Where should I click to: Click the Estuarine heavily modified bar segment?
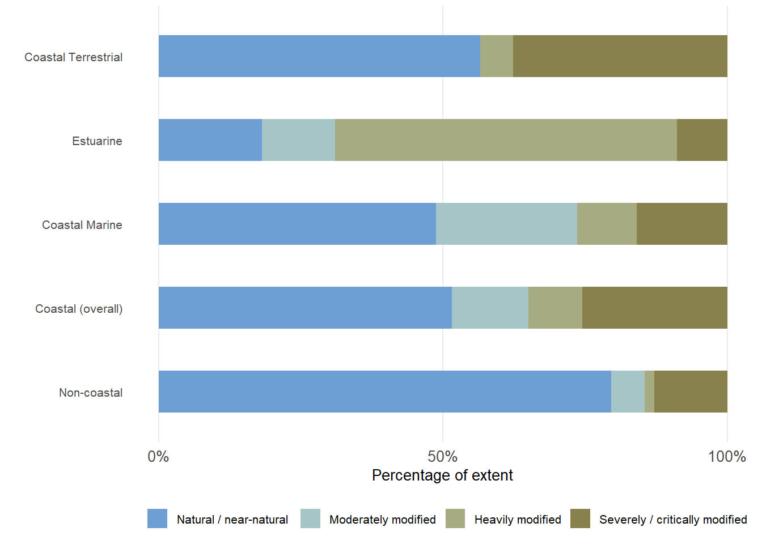[x=506, y=140]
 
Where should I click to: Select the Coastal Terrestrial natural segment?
[x=319, y=56]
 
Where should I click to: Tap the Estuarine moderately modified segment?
[x=298, y=140]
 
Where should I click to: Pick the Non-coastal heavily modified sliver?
[x=649, y=392]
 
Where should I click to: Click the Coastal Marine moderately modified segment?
[x=506, y=224]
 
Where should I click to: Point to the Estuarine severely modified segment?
[x=702, y=140]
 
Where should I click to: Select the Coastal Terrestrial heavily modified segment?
[x=497, y=56]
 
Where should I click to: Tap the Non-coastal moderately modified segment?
[x=628, y=392]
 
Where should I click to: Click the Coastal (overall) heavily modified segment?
[x=555, y=308]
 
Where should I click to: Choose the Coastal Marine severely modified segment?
[x=681, y=224]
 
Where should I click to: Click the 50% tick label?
[x=442, y=457]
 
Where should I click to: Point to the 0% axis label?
[x=158, y=457]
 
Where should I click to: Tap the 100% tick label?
[x=727, y=457]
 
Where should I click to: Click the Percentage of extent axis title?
[x=442, y=475]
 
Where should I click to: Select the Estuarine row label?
[x=97, y=141]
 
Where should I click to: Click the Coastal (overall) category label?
[x=79, y=309]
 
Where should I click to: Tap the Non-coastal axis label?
[x=91, y=393]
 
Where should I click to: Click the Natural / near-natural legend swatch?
[x=157, y=518]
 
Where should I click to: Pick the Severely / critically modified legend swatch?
[x=580, y=518]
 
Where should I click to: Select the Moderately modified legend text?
[x=382, y=520]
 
